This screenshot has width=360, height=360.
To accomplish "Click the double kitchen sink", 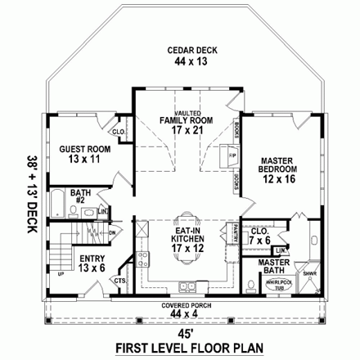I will (x=187, y=287).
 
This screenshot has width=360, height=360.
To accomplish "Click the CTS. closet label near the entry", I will (x=120, y=281).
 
